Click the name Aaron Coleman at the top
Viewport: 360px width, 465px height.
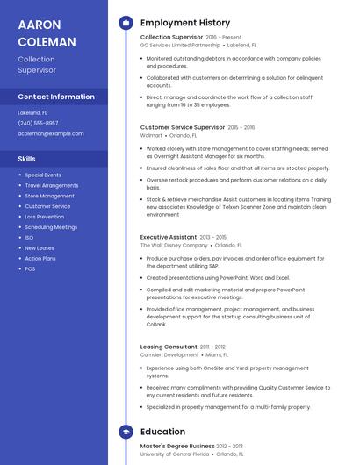[47, 32]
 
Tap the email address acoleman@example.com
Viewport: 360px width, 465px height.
[51, 133]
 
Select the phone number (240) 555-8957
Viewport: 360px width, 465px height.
[39, 123]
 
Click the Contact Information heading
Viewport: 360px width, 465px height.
[56, 97]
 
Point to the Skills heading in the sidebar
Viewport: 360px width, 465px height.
[26, 159]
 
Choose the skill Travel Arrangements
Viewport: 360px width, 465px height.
[51, 185]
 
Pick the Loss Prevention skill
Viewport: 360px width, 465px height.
[44, 217]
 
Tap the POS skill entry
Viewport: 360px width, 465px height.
[30, 268]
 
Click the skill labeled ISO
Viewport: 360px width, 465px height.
[29, 238]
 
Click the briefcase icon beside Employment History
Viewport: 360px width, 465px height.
[126, 23]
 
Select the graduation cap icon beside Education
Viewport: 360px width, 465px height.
[126, 432]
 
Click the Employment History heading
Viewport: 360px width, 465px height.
[184, 22]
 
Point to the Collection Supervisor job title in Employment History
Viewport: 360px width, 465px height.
[171, 38]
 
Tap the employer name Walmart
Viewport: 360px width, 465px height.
[151, 136]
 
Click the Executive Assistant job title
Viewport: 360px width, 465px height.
[169, 237]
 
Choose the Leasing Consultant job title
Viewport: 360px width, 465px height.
[169, 347]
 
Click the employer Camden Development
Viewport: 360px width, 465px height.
[169, 355]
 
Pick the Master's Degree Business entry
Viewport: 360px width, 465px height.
[176, 446]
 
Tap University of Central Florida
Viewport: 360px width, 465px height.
[175, 454]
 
